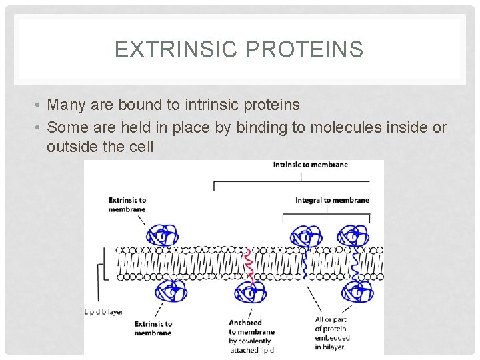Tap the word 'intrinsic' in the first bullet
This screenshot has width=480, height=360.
pyautogui.click(x=213, y=105)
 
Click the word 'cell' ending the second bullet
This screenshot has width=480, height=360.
pyautogui.click(x=140, y=147)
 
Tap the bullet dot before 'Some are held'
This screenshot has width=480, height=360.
pyautogui.click(x=39, y=127)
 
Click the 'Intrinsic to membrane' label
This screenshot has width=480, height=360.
pyautogui.click(x=310, y=165)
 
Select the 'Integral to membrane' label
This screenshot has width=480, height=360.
pyautogui.click(x=332, y=200)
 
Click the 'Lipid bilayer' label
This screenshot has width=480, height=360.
pyautogui.click(x=103, y=311)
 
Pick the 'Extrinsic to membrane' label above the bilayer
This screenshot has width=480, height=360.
pyautogui.click(x=127, y=204)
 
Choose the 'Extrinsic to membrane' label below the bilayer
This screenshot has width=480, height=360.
pyautogui.click(x=153, y=328)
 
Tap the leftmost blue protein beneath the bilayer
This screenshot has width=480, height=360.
pyautogui.click(x=171, y=291)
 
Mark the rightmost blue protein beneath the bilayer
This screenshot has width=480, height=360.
pyautogui.click(x=357, y=291)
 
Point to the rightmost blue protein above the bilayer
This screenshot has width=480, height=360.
pyautogui.click(x=351, y=236)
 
